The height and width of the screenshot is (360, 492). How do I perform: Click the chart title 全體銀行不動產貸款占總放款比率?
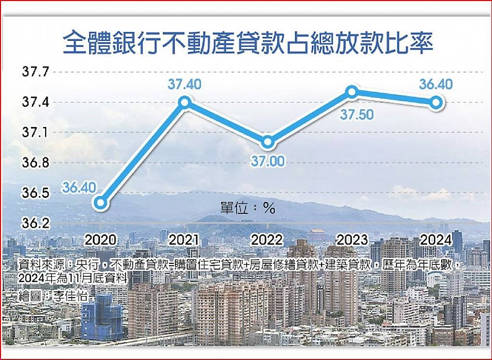[248, 43]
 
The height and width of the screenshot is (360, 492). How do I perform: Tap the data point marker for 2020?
[100, 203]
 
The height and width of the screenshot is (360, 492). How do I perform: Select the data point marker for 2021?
[184, 102]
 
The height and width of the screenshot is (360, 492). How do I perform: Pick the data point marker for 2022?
[268, 142]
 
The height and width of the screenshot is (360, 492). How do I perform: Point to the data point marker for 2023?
[352, 92]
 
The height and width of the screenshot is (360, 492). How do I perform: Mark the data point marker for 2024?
[436, 102]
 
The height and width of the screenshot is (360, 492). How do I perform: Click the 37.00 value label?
[268, 161]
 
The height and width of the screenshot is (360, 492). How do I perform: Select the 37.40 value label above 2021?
[184, 85]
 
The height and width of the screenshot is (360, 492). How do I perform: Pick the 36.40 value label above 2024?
[435, 85]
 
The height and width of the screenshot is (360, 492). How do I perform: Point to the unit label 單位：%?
[247, 208]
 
